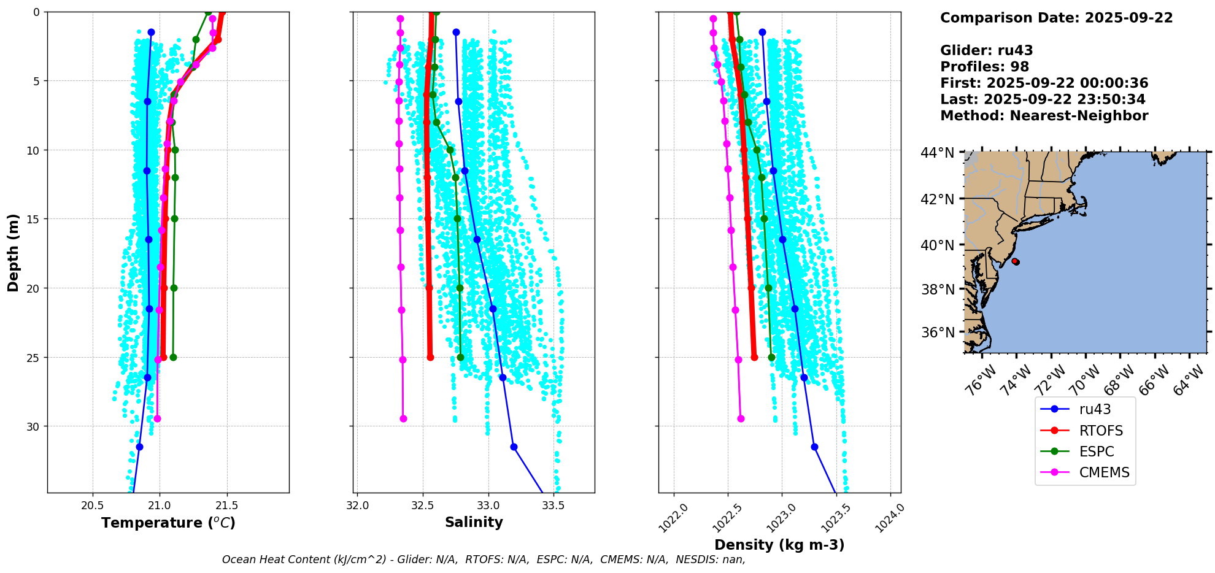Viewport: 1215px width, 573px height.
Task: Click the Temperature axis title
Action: pos(168,523)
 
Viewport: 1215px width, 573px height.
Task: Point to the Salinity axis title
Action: pos(474,522)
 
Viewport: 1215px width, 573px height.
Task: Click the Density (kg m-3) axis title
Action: pos(779,545)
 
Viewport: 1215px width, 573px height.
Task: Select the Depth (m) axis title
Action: pos(13,252)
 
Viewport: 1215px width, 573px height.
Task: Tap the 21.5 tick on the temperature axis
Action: pos(227,506)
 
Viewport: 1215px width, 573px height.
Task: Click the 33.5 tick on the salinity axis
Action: pos(553,506)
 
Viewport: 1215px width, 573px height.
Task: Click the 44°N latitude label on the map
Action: pos(938,153)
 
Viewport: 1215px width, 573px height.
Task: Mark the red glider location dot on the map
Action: pos(1016,261)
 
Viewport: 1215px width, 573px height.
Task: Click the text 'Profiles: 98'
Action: pos(984,67)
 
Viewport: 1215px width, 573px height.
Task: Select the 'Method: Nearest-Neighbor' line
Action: pos(1044,116)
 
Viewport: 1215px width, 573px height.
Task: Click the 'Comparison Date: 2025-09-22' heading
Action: pos(1056,18)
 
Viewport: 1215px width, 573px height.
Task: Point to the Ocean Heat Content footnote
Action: pos(484,560)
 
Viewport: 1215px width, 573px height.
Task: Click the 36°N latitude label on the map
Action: pos(938,333)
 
